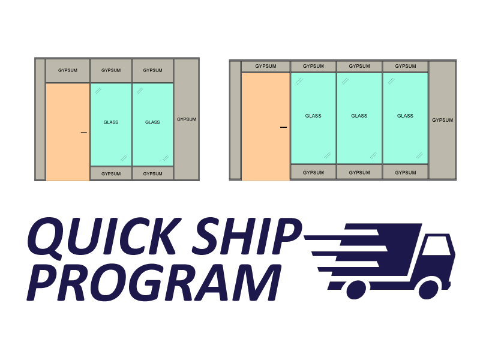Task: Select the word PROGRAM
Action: tap(154, 282)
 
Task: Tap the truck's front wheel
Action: tap(429, 289)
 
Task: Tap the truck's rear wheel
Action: tap(356, 290)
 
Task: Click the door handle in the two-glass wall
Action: tap(83, 133)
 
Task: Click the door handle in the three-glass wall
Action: tap(283, 127)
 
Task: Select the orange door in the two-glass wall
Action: tap(68, 132)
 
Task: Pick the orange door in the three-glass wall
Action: tap(265, 127)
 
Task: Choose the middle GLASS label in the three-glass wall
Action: tap(359, 116)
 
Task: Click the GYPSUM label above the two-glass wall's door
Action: tap(68, 70)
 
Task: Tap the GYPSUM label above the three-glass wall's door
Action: tap(266, 66)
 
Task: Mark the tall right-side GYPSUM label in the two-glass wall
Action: tap(187, 119)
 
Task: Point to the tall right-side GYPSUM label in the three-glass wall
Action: tap(442, 120)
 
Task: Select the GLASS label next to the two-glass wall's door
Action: tap(111, 122)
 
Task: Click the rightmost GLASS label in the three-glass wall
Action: tap(405, 116)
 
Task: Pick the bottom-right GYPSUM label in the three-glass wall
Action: tap(406, 173)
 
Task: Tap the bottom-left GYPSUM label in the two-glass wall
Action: tap(111, 174)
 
